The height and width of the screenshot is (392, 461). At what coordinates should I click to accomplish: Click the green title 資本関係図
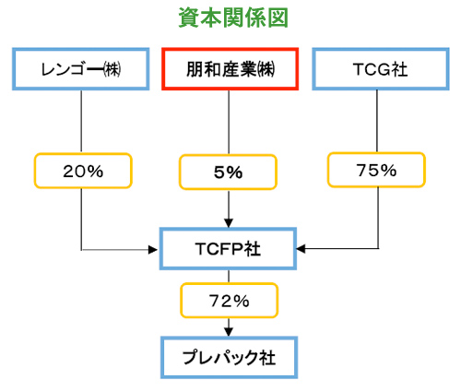click(x=233, y=18)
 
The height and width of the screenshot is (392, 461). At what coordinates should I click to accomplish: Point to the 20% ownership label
click(x=83, y=171)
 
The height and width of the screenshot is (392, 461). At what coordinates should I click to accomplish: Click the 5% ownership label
click(x=228, y=172)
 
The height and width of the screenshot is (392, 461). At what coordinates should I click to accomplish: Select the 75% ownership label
click(x=376, y=170)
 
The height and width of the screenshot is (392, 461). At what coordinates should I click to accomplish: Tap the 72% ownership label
click(x=230, y=301)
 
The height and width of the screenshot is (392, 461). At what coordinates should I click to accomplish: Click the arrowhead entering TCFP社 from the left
click(x=153, y=250)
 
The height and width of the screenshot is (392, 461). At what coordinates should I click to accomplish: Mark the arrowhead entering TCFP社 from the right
click(x=301, y=248)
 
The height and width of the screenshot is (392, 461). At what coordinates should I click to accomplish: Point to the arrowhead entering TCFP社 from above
click(x=229, y=223)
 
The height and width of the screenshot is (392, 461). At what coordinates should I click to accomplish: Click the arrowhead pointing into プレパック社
click(x=229, y=332)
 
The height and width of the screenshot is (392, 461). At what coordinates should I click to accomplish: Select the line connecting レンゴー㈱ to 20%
click(x=81, y=122)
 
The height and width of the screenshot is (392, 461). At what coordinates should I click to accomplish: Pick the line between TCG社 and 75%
click(x=377, y=122)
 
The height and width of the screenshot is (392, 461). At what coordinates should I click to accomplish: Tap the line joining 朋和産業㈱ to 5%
click(x=229, y=123)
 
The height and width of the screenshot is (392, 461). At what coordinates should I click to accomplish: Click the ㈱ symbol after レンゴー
click(x=112, y=69)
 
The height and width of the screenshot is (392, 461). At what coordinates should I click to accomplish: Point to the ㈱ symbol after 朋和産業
click(x=266, y=69)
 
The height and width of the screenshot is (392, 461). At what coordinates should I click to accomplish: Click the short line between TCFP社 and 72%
click(x=229, y=277)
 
